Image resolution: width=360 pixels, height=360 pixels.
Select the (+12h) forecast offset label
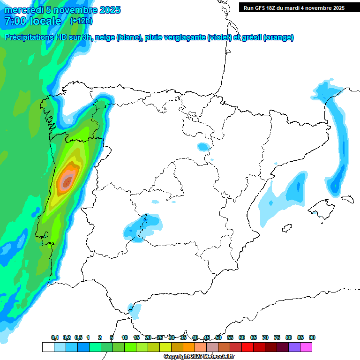81,21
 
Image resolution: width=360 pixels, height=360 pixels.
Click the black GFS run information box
294,7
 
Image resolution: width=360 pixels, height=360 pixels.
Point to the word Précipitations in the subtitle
28,37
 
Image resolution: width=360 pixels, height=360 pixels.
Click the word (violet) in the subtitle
219,37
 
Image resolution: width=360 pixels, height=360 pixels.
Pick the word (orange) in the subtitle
278,37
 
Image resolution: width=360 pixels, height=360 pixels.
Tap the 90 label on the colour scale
312,337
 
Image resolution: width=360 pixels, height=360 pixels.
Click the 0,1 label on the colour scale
55,337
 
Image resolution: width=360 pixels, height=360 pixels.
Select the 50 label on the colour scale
218,337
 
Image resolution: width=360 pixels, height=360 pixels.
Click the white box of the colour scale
48,347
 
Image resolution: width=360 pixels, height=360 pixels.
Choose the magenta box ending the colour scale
306,347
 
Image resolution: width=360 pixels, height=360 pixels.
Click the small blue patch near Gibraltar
135,310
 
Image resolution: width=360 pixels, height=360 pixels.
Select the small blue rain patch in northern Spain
203,147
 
